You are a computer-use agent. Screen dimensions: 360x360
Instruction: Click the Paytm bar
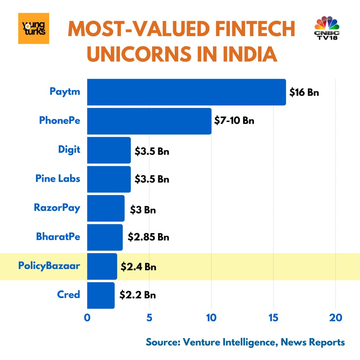tap(186, 92)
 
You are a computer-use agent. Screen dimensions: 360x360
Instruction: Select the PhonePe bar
tap(149, 121)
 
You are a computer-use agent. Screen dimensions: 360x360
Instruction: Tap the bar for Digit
tap(109, 150)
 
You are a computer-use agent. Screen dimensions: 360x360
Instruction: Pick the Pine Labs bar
tap(109, 179)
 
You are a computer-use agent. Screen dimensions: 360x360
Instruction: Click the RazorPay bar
tap(105, 208)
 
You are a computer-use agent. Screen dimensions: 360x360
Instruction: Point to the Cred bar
tap(101, 295)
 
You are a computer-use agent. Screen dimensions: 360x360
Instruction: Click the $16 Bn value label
tap(304, 92)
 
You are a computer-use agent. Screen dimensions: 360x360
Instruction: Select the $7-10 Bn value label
tap(234, 121)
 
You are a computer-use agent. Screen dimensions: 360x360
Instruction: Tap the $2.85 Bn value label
tap(148, 237)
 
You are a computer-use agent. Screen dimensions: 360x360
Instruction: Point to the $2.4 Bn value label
tap(139, 266)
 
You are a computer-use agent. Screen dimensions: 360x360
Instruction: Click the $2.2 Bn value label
tap(137, 295)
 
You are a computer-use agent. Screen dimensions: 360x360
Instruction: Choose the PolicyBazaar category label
tap(49, 265)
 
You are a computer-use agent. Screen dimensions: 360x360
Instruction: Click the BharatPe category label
tap(58, 236)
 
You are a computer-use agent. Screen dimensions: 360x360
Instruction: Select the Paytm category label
tap(65, 92)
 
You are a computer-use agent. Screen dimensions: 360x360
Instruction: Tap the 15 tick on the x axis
tap(274, 317)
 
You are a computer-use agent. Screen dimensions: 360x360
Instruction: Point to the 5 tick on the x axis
tap(149, 317)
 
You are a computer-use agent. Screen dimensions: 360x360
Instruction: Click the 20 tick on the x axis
tap(335, 317)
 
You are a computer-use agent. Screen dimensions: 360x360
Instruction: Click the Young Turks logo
tap(34, 28)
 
